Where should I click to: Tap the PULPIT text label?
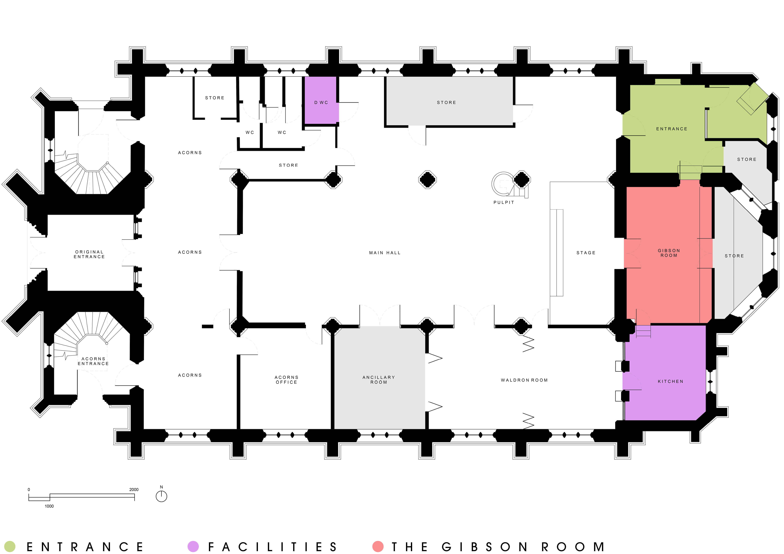504,202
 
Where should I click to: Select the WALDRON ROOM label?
524,380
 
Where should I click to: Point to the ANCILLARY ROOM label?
379,380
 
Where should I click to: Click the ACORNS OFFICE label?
287,380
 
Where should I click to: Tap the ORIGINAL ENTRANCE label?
89,254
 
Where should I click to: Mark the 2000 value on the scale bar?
134,490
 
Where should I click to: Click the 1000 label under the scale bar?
49,506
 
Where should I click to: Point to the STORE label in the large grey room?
446,102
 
